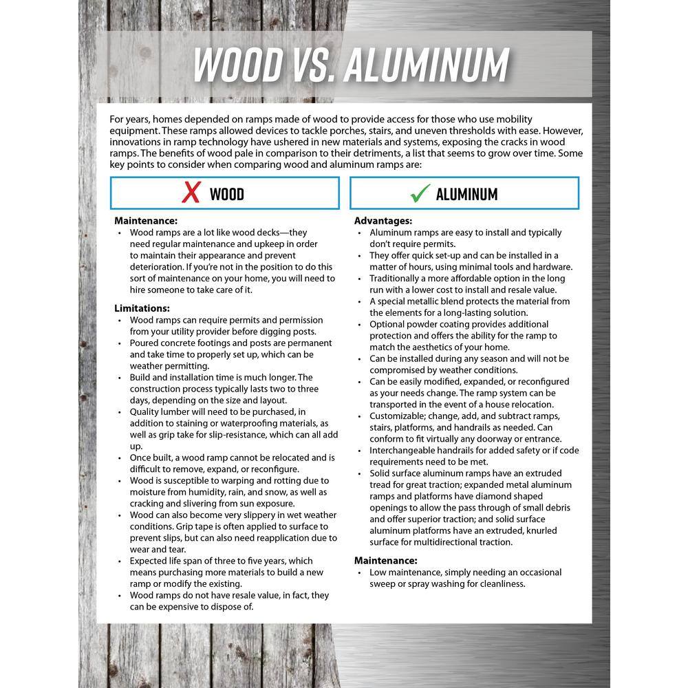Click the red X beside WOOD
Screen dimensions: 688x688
pos(191,193)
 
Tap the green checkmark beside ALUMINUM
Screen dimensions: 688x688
pos(420,193)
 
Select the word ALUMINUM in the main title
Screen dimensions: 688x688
pos(426,65)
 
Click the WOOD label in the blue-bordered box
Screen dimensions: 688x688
pos(226,194)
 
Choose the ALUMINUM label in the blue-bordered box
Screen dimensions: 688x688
pos(466,194)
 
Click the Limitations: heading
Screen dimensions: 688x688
pos(142,308)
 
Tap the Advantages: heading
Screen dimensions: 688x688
pos(383,221)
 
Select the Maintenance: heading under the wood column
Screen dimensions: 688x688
pos(146,221)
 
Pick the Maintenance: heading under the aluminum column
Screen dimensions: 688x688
pos(386,561)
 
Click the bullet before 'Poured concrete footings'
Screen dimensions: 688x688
pos(120,343)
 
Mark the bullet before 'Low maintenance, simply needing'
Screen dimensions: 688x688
pos(361,572)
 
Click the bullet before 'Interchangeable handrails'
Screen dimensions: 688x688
pos(361,451)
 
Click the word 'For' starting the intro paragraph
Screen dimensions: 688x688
pos(118,120)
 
